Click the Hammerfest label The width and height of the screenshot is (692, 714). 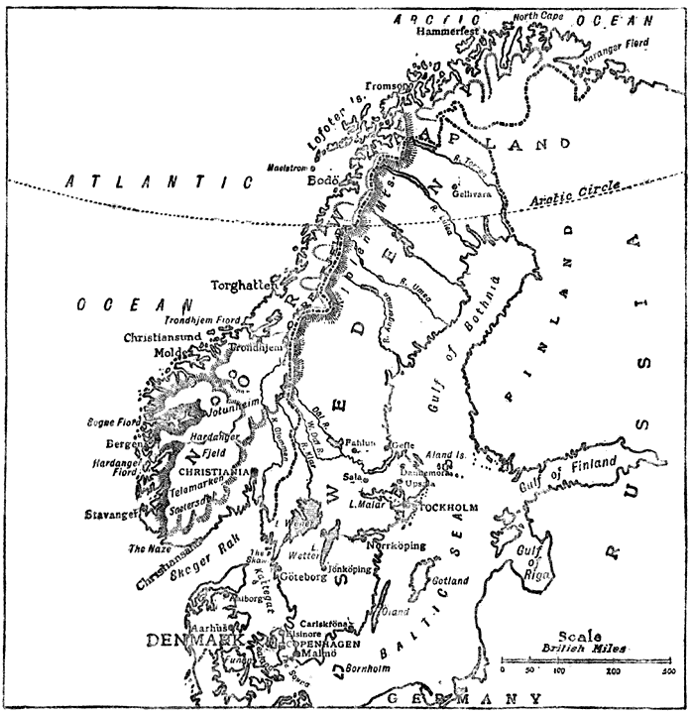[x=449, y=31]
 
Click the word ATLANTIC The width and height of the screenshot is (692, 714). [x=157, y=181]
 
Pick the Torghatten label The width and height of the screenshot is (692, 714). [x=242, y=285]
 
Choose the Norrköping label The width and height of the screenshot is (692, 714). [x=397, y=545]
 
